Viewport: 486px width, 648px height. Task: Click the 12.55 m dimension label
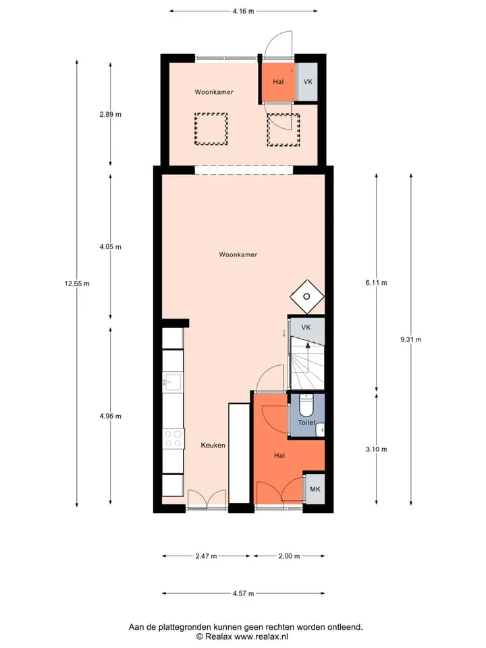click(x=77, y=283)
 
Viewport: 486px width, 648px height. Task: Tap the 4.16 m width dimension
click(x=243, y=11)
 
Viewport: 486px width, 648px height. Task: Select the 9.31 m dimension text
click(x=411, y=340)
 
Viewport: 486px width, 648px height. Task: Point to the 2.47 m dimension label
click(x=207, y=556)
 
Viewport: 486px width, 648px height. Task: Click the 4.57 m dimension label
click(x=243, y=593)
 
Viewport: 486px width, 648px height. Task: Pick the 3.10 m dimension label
click(x=376, y=450)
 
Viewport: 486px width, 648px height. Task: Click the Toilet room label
click(x=306, y=423)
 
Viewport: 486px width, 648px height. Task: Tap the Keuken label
click(x=213, y=445)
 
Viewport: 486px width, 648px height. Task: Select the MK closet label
click(x=315, y=489)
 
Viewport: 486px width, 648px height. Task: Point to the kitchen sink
click(x=173, y=382)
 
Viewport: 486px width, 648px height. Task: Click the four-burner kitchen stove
click(x=173, y=439)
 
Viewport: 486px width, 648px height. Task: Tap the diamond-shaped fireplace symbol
click(x=307, y=296)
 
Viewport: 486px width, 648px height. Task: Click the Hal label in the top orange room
click(x=278, y=82)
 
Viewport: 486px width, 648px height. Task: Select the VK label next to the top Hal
click(x=308, y=82)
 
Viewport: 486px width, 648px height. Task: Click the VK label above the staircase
click(x=306, y=327)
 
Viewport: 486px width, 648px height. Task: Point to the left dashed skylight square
click(x=211, y=129)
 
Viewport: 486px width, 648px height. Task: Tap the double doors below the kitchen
click(x=207, y=498)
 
